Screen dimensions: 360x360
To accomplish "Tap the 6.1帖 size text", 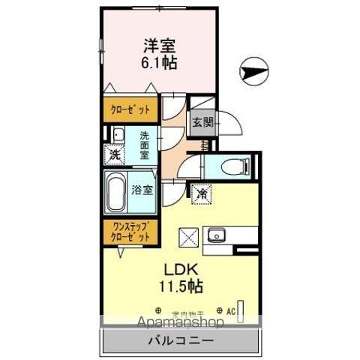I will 160,64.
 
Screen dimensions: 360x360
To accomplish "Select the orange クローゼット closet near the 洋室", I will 130,109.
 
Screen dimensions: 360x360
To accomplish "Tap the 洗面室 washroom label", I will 142,145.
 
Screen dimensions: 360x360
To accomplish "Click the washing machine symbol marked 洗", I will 115,155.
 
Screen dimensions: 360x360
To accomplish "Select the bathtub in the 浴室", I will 116,191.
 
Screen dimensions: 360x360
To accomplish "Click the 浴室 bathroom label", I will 142,190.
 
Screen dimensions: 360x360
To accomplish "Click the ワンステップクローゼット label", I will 130,230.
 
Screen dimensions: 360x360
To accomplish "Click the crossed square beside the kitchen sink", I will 187,237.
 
